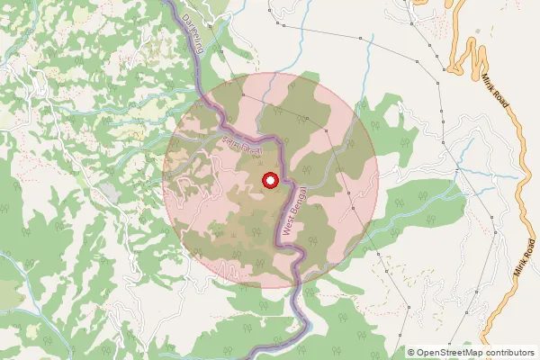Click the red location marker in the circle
click(x=268, y=181)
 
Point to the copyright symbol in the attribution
click(x=411, y=353)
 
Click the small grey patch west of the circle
click(x=109, y=193)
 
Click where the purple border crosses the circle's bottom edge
click(x=293, y=285)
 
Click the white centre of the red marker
click(x=268, y=181)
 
